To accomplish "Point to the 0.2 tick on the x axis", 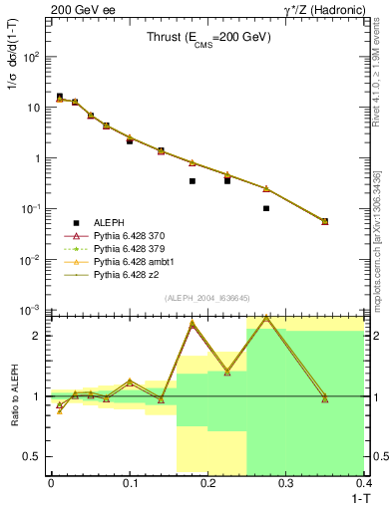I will tap(208, 485).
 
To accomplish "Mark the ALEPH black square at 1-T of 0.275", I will tap(266, 208).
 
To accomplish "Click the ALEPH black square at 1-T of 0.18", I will tap(193, 181).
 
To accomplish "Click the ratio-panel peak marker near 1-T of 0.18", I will tap(193, 325).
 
